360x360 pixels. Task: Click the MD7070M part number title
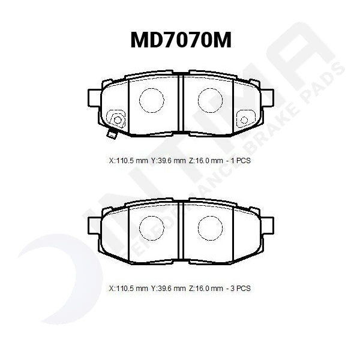(x=181, y=41)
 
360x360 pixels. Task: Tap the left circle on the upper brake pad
(x=151, y=100)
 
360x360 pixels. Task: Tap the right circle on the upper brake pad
(x=210, y=100)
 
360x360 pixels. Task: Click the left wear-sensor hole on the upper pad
(x=118, y=120)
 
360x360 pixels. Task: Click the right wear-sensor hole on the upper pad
(x=244, y=120)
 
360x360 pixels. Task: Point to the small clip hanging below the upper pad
(x=110, y=135)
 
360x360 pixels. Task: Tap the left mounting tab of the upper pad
(x=94, y=97)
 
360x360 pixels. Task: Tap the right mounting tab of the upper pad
(x=267, y=97)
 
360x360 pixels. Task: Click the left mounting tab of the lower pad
(x=94, y=224)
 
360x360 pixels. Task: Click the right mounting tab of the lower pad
(x=267, y=224)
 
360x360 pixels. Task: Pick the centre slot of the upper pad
(x=181, y=103)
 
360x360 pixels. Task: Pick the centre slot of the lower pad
(x=181, y=231)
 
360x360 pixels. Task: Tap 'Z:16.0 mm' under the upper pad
(x=207, y=161)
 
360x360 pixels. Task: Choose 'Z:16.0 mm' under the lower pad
(x=207, y=289)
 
